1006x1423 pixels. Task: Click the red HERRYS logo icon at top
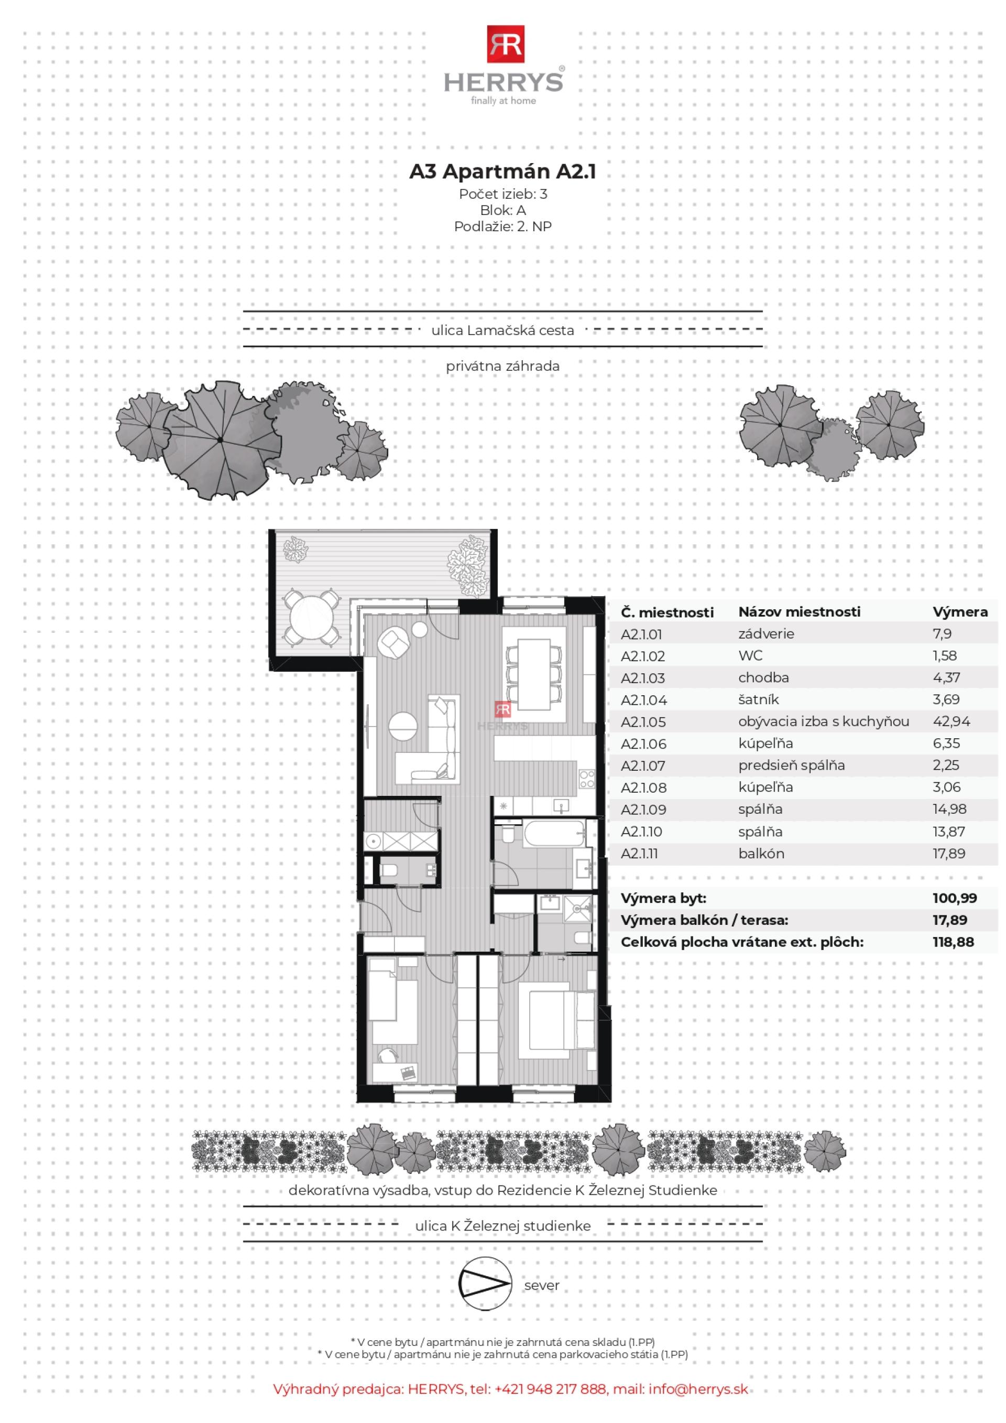coord(505,44)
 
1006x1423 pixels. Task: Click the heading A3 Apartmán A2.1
coord(502,171)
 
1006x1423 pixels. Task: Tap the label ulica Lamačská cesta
coord(502,330)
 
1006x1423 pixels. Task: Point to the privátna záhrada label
coord(502,366)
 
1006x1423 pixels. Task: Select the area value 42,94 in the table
coord(952,721)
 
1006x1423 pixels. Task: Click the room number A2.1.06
coord(643,743)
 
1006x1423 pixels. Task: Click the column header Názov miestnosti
coord(799,612)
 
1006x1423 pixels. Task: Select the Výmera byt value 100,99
coord(954,898)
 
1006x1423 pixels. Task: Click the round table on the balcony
coord(312,617)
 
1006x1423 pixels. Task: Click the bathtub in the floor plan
coord(554,834)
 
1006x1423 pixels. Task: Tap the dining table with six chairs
coord(534,674)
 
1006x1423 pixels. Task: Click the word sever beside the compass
coord(541,1286)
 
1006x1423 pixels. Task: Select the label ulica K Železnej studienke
coord(502,1226)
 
